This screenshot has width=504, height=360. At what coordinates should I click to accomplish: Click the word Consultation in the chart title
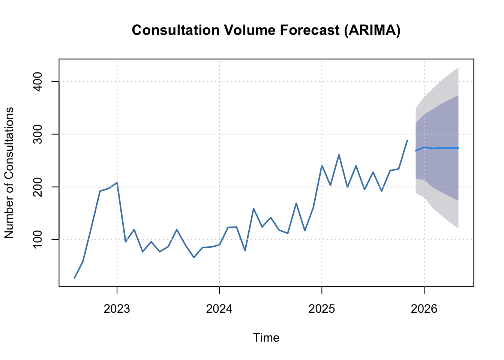[176, 30]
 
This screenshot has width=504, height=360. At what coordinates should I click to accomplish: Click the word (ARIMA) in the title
[372, 30]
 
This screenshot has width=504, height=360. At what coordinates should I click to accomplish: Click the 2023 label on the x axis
[117, 309]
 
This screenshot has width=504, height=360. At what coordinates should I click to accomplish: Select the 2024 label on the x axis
[219, 309]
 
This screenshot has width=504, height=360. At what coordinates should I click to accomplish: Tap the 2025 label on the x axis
[322, 309]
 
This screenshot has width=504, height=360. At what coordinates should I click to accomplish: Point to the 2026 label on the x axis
[424, 309]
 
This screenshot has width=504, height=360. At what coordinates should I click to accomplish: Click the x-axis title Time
[266, 337]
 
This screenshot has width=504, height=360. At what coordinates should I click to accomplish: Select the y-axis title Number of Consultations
[9, 172]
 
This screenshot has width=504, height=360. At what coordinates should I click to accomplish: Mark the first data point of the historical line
[74, 278]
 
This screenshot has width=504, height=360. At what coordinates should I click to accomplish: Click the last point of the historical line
[407, 140]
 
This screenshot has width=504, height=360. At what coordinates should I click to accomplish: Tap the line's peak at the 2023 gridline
[117, 183]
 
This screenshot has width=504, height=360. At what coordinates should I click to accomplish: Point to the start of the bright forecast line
[415, 151]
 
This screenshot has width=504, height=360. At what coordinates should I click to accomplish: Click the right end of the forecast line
[458, 148]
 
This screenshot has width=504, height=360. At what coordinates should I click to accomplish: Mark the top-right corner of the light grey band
[458, 67]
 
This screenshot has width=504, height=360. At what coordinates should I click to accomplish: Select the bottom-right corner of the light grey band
[458, 229]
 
